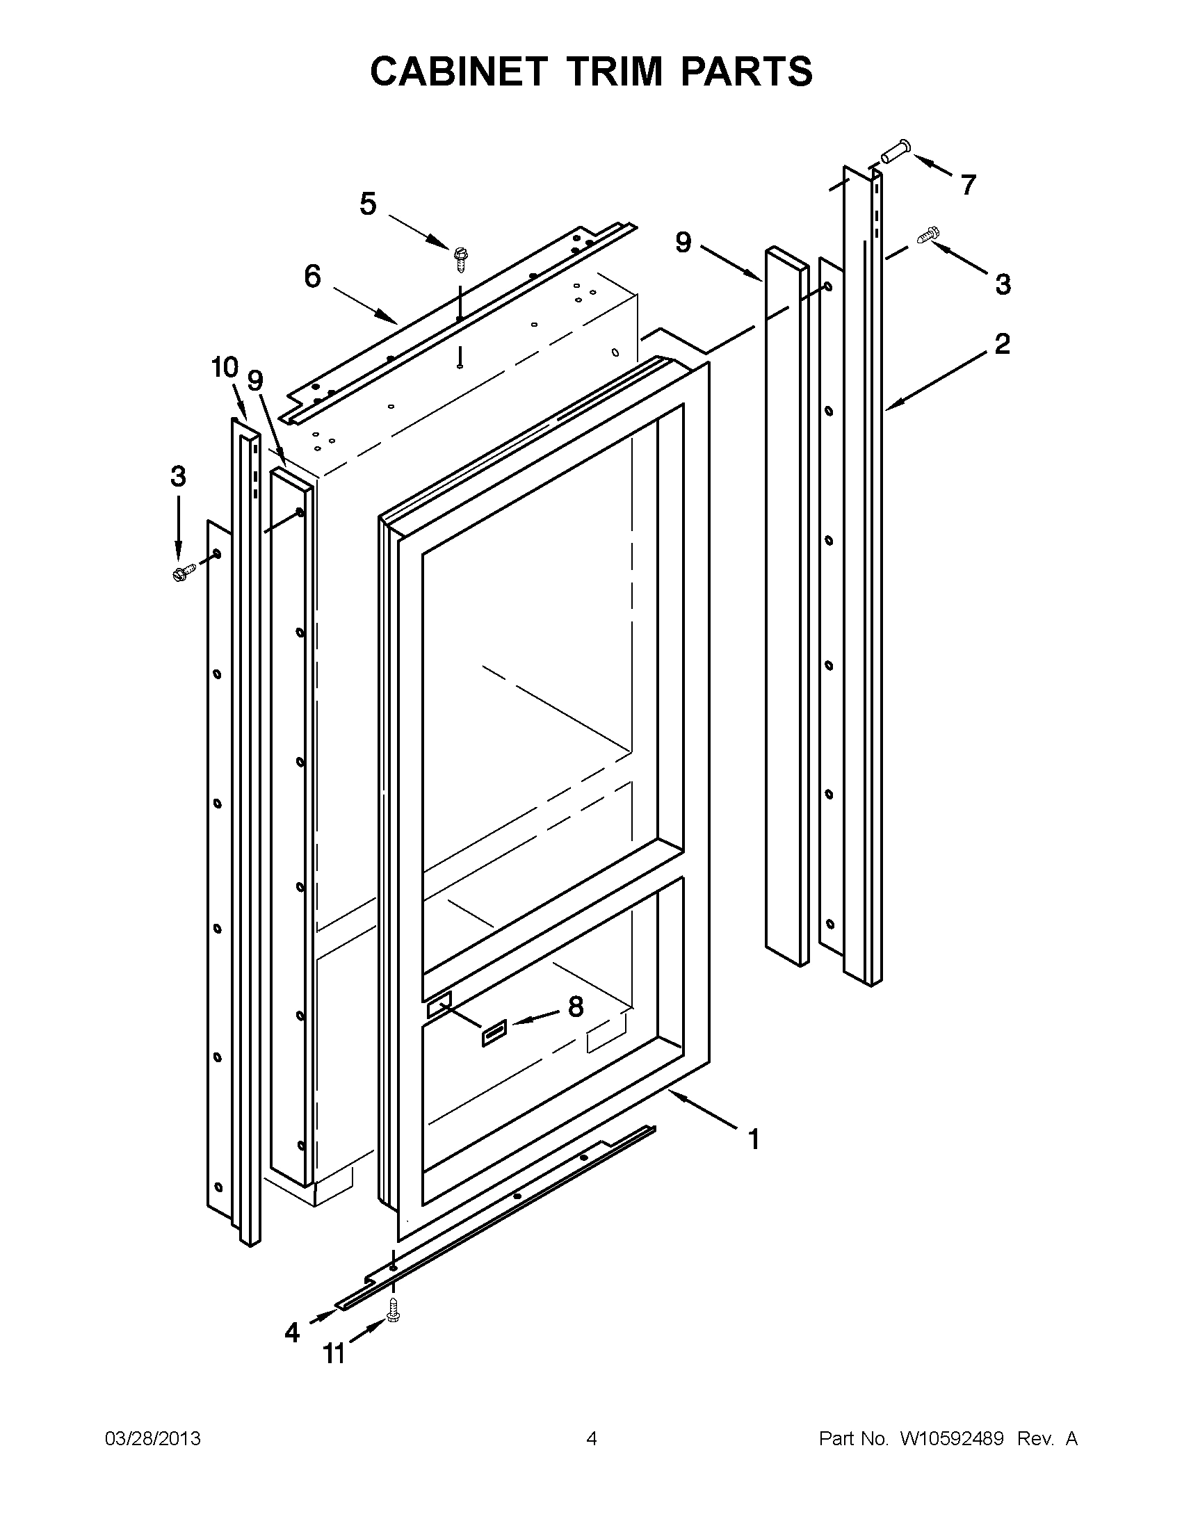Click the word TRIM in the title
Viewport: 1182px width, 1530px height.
pyautogui.click(x=617, y=72)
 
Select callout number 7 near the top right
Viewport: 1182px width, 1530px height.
pyautogui.click(x=968, y=186)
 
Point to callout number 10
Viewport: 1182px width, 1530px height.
pyautogui.click(x=225, y=367)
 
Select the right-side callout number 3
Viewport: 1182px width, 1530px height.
pyautogui.click(x=1003, y=284)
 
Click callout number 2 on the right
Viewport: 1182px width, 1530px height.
pyautogui.click(x=1002, y=344)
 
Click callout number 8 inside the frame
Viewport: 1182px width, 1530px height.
pyautogui.click(x=575, y=1007)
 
